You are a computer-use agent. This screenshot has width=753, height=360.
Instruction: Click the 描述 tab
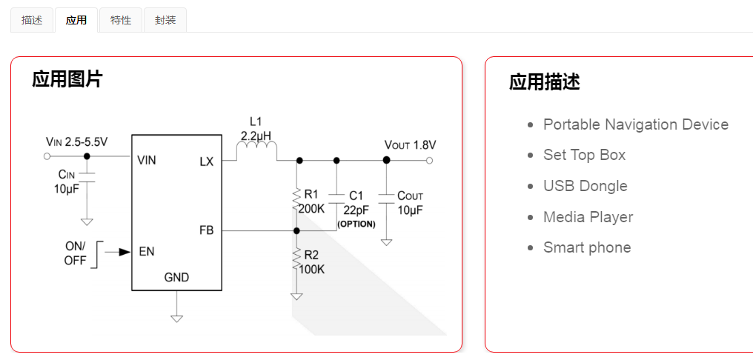pos(32,20)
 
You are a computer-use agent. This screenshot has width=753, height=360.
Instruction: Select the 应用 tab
pos(76,20)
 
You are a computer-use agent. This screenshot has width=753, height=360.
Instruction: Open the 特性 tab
pos(121,20)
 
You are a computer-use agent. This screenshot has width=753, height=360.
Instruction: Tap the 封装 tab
pos(165,20)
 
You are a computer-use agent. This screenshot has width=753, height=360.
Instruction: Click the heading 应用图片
pos(67,79)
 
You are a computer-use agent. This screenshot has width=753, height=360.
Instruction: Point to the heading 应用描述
pos(545,82)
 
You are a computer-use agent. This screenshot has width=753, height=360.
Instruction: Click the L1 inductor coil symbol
pos(256,152)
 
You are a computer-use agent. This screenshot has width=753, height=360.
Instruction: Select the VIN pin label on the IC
pos(147,160)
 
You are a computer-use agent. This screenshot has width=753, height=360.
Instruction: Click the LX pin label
pos(206,161)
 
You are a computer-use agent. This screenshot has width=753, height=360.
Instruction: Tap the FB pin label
pos(206,230)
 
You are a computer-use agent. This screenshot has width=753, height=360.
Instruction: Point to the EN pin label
pos(146,251)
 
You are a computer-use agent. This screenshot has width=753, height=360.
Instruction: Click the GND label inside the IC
pos(176,278)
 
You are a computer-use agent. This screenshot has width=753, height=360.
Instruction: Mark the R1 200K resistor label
pos(311,202)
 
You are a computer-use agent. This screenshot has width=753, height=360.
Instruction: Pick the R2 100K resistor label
pos(311,262)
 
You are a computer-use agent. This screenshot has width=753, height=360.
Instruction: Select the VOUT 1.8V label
pos(410,144)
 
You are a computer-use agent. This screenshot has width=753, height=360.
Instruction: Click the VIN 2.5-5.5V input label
pos(76,141)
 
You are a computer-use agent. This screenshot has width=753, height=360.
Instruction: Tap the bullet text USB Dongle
pos(585,186)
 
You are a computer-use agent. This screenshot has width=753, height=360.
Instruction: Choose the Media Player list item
pos(588,217)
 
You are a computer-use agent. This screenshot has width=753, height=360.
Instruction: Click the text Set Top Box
pos(584,155)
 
